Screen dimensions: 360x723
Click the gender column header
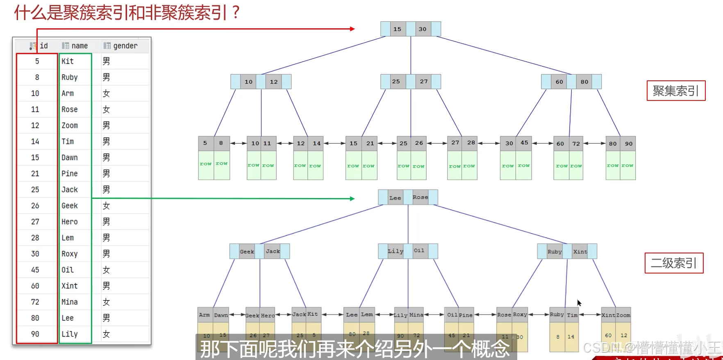(x=125, y=46)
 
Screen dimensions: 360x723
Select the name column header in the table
(x=79, y=46)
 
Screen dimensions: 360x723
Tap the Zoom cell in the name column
(x=70, y=125)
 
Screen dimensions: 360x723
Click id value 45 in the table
(x=35, y=270)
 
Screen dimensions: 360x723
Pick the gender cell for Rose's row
(x=106, y=109)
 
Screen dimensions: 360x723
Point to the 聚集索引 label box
(x=675, y=91)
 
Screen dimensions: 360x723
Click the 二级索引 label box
(x=674, y=263)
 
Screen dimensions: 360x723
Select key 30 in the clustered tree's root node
(x=423, y=29)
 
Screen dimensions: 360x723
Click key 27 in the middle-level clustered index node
(x=424, y=82)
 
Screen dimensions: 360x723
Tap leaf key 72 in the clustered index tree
(x=576, y=144)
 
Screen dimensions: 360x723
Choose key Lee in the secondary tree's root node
(x=395, y=198)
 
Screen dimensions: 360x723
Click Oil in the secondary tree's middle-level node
(x=419, y=251)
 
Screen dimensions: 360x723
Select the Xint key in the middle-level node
(x=580, y=251)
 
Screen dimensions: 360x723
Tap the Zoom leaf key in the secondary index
(x=623, y=315)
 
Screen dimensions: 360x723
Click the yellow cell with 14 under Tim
(x=571, y=337)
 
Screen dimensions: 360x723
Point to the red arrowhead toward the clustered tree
(x=352, y=29)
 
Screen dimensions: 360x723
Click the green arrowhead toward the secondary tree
(x=352, y=198)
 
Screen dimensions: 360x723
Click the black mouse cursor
(x=579, y=303)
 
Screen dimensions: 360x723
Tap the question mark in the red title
(x=235, y=12)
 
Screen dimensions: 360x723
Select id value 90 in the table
(x=35, y=334)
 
